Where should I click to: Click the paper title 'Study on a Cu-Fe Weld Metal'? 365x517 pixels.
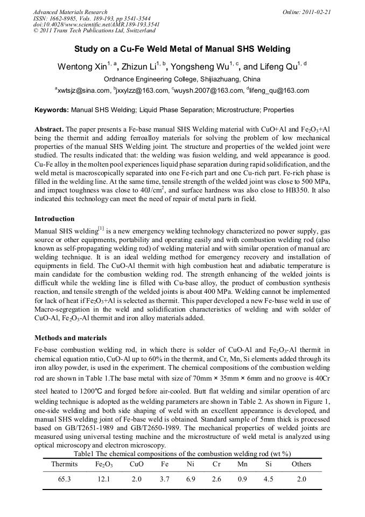pyautogui.click(x=182, y=49)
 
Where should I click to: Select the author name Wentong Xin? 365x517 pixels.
pyautogui.click(x=81, y=67)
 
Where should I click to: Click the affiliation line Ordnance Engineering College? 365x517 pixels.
pyautogui.click(x=182, y=79)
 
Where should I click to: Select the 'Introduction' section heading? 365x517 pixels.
pyautogui.click(x=54, y=219)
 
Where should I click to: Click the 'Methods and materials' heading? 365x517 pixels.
pyautogui.click(x=71, y=338)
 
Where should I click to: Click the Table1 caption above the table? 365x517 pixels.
pyautogui.click(x=182, y=454)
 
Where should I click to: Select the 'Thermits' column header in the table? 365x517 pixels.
pyautogui.click(x=65, y=464)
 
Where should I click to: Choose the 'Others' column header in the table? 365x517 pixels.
pyautogui.click(x=301, y=464)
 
